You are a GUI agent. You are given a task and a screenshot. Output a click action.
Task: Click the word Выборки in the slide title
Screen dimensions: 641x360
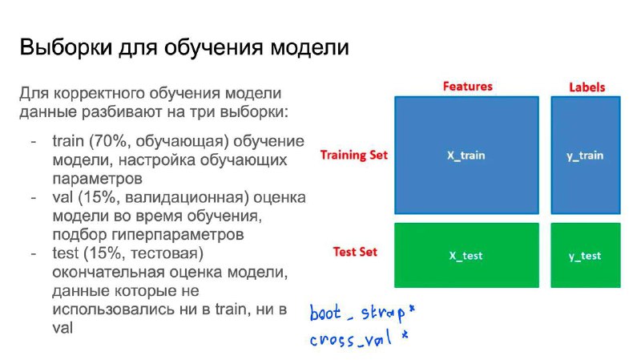pos(66,47)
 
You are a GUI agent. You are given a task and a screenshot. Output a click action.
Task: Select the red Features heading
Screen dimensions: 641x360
pos(468,87)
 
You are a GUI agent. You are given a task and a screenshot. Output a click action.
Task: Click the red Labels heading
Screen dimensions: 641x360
pos(587,87)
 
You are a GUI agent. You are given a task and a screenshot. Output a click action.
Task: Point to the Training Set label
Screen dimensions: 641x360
pos(353,155)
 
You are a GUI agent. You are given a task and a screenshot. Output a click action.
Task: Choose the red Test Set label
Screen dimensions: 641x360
pos(355,252)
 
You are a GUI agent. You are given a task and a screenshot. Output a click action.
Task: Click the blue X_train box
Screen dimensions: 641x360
pos(466,155)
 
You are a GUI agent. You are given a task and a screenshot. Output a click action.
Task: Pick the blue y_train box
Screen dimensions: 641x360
pos(586,155)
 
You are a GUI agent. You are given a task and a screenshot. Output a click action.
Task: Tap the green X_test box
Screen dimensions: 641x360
pos(466,255)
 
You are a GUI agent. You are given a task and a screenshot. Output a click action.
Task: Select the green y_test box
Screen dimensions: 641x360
pos(586,255)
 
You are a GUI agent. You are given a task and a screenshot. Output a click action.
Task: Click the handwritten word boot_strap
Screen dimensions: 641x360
pos(357,313)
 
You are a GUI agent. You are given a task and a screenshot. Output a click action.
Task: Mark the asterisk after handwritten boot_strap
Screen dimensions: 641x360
pos(412,309)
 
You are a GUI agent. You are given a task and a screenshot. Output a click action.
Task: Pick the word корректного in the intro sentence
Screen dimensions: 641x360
pos(99,93)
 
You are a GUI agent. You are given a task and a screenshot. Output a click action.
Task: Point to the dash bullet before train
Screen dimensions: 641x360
pos(34,142)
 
